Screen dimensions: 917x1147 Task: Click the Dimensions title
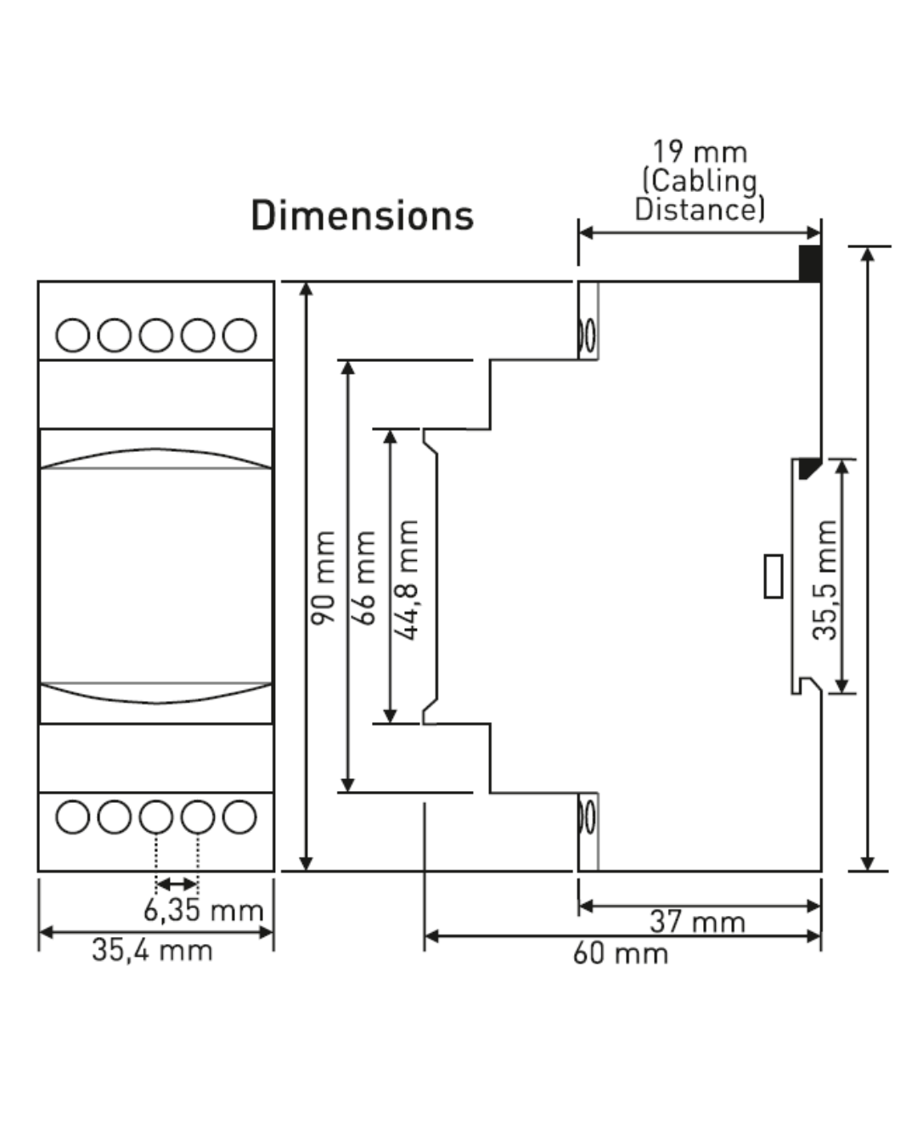tap(362, 215)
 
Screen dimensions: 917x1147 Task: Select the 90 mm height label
tap(323, 578)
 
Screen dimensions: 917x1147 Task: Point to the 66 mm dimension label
tap(363, 578)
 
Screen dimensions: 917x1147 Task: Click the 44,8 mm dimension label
tap(406, 580)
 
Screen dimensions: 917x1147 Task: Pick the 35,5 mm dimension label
tap(824, 580)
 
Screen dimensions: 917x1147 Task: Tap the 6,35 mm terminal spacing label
tap(204, 910)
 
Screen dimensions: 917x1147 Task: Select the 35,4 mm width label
tap(152, 950)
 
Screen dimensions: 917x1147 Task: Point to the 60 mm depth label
tap(620, 953)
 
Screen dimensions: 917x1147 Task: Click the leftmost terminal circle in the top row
tap(72, 335)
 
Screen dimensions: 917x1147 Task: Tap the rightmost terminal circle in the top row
tap(239, 335)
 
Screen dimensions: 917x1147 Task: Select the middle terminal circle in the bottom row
tap(156, 816)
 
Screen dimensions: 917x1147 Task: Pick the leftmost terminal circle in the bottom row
tap(72, 816)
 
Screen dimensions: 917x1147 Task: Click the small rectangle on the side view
tap(774, 576)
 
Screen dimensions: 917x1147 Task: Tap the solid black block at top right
tap(810, 263)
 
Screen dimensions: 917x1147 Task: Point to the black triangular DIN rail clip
tap(808, 467)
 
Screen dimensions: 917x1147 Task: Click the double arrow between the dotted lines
tap(177, 884)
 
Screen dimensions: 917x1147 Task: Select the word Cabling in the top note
tap(700, 181)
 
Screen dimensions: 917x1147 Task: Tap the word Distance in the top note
tap(700, 210)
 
